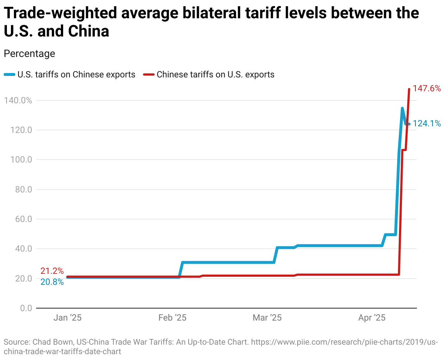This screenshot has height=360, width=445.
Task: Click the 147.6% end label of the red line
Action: point(426,89)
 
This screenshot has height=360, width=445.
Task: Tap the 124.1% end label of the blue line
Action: point(427,124)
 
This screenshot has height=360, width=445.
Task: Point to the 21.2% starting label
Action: point(52,271)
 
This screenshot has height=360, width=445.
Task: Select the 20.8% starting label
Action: point(52,282)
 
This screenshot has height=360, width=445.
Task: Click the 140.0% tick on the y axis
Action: point(18,100)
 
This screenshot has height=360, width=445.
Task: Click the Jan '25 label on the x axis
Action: point(67,318)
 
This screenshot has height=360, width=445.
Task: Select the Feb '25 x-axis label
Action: point(172,318)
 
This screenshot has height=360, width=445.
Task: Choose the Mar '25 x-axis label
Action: point(267,318)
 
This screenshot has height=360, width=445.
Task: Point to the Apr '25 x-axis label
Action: point(372,318)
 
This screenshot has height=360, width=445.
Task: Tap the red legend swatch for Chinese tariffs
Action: point(149,75)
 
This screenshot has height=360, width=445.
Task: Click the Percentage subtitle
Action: point(29,54)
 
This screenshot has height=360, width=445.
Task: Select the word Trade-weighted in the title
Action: point(60,14)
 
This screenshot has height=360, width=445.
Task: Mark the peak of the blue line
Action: point(402,108)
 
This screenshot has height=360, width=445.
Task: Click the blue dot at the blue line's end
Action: point(409,124)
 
